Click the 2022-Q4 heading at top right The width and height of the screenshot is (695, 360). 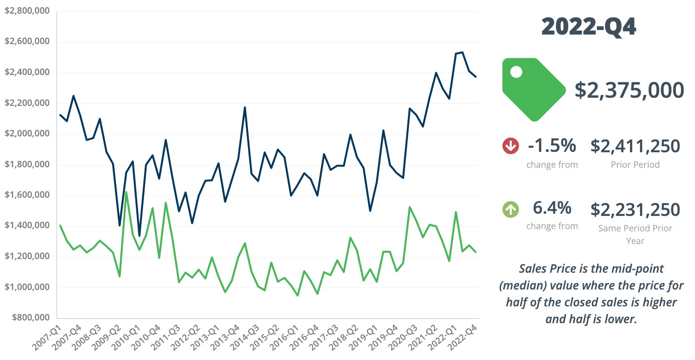[x=589, y=27]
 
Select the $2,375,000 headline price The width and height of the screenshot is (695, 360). [x=629, y=90]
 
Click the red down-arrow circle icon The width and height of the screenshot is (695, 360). [x=511, y=146]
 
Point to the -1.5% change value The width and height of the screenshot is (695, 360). [x=552, y=146]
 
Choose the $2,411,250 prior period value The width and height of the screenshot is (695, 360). [x=635, y=146]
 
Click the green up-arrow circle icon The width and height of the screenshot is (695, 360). [x=511, y=209]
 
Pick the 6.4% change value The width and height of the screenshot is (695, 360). [x=552, y=208]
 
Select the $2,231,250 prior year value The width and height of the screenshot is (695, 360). [x=635, y=210]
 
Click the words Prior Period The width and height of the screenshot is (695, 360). [x=635, y=165]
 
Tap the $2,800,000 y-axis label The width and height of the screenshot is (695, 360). [x=27, y=10]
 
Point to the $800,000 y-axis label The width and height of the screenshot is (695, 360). [x=30, y=317]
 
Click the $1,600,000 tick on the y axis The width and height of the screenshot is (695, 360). [x=27, y=195]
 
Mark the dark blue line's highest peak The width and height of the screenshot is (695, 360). [x=462, y=52]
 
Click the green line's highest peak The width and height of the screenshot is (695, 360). [x=126, y=192]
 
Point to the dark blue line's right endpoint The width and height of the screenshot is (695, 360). [x=476, y=77]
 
